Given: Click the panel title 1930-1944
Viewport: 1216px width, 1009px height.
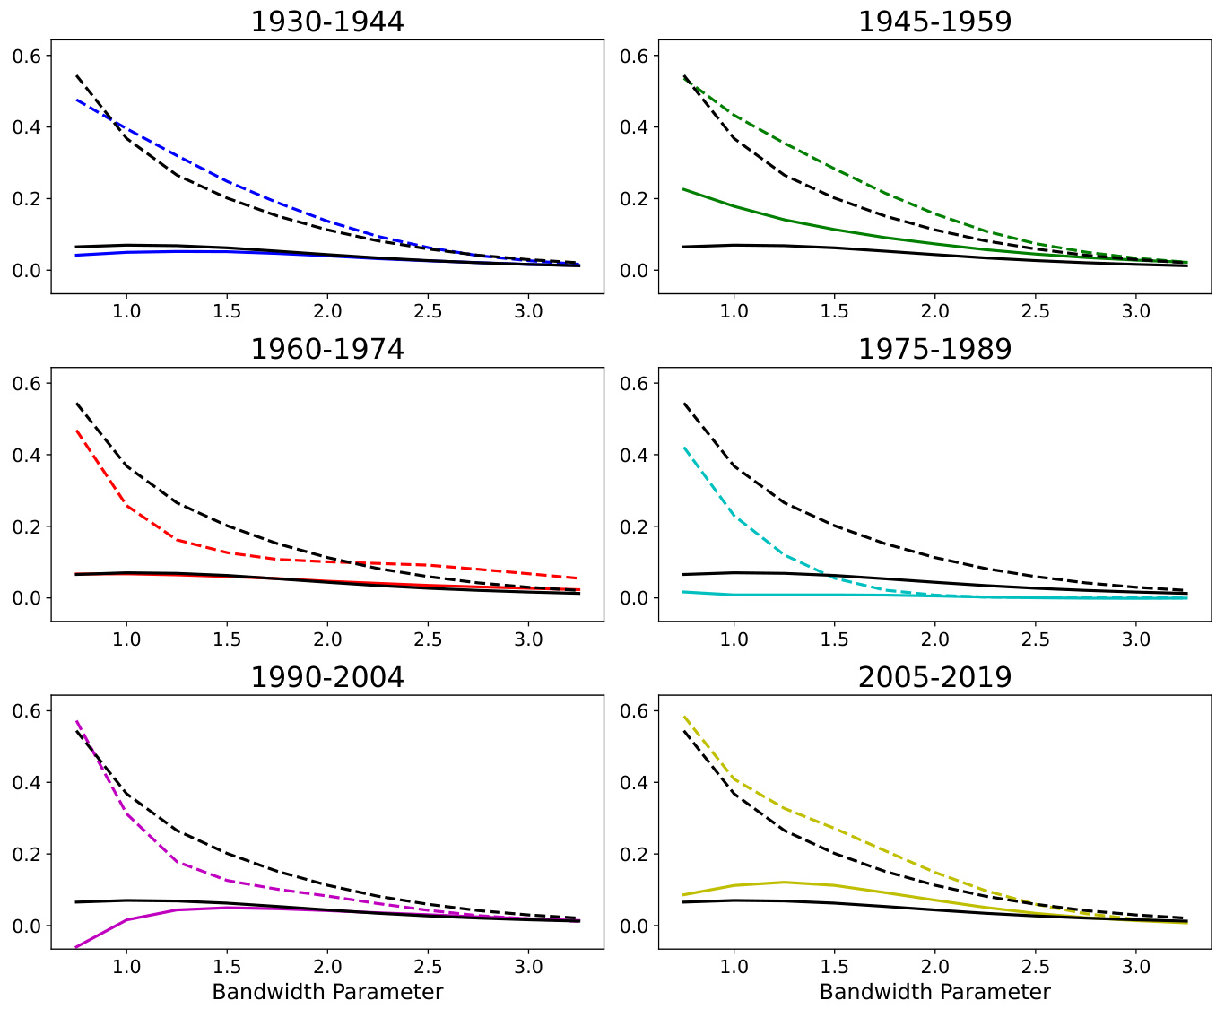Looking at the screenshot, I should coord(327,22).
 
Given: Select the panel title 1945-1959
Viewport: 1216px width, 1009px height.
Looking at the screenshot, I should coord(934,22).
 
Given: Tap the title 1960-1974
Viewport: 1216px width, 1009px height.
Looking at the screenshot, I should coord(327,349).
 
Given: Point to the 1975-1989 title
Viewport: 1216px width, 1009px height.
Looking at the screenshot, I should coord(934,349).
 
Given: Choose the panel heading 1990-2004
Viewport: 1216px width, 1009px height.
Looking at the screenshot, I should coord(327,677).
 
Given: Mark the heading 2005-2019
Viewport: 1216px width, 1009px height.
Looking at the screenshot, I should coord(934,677).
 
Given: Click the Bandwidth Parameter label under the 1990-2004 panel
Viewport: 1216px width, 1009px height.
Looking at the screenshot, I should coord(327,992).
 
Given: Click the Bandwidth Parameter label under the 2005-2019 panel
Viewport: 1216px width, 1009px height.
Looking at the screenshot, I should coord(934,992).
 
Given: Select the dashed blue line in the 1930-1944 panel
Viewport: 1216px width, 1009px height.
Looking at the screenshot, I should coord(227,181).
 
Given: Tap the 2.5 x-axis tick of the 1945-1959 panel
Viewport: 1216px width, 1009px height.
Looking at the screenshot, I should coord(1036,311).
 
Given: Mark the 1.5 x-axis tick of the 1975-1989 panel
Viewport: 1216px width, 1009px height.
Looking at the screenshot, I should coord(835,639).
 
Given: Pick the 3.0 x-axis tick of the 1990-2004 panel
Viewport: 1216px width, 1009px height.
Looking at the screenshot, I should coord(528,966).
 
